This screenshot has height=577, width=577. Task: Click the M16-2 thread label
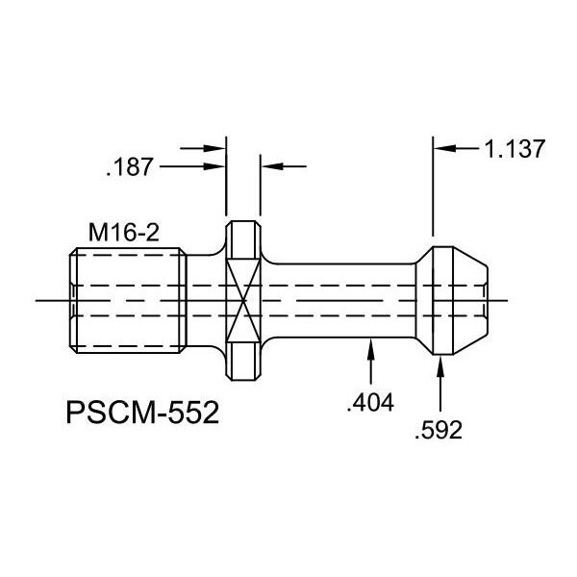(124, 233)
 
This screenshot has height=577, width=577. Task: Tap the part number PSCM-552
(142, 413)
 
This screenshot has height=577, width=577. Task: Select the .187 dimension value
(129, 166)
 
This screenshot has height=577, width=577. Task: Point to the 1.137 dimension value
(514, 149)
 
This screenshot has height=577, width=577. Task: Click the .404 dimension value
(370, 402)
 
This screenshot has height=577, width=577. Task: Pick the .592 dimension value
(439, 430)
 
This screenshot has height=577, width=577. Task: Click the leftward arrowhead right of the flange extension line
(273, 166)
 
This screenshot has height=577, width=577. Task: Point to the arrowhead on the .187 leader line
(214, 166)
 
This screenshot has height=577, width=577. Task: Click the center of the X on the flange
(243, 300)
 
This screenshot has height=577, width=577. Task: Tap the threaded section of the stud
(128, 300)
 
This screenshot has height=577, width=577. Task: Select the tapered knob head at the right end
(452, 300)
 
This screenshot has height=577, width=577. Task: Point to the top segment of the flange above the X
(243, 240)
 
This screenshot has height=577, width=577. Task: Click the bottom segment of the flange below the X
(243, 361)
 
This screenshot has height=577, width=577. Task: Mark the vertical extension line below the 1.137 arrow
(433, 187)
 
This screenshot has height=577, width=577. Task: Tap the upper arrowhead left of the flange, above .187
(214, 148)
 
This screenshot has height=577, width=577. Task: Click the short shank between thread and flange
(206, 300)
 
